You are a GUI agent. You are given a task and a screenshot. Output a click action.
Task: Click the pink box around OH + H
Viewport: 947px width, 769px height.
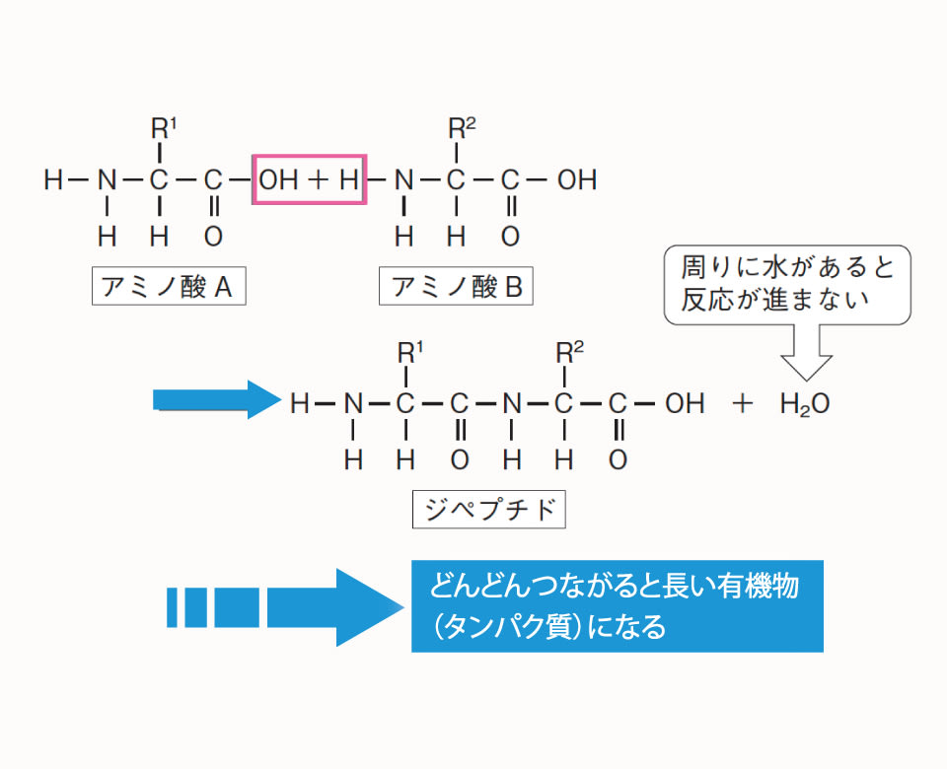[310, 179]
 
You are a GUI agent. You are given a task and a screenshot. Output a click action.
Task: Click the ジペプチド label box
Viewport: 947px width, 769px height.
[489, 510]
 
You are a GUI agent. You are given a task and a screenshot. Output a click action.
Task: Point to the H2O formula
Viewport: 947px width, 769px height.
[805, 403]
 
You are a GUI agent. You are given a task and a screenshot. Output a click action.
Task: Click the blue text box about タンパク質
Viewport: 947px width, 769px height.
[617, 606]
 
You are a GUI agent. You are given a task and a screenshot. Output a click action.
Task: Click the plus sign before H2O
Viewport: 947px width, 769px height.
[743, 403]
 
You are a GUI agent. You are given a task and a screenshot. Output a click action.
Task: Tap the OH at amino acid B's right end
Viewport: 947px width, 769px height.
[576, 180]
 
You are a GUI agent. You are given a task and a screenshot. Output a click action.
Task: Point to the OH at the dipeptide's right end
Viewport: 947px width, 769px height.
[685, 403]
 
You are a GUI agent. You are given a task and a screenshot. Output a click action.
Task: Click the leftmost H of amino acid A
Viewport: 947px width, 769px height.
[53, 180]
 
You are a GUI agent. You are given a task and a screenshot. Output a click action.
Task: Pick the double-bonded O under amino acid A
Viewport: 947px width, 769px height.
[213, 237]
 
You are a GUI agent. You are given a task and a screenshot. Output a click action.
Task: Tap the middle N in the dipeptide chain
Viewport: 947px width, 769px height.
[510, 403]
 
